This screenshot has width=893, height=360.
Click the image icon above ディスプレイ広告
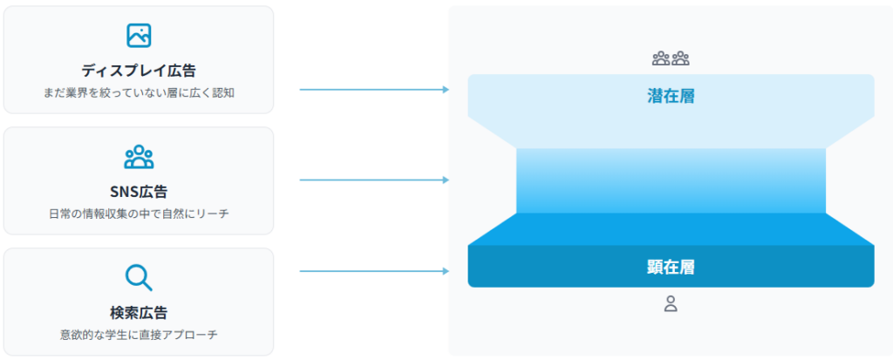[x=139, y=35]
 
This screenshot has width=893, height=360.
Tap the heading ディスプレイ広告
[x=139, y=70]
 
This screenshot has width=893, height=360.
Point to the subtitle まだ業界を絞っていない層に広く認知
[x=139, y=92]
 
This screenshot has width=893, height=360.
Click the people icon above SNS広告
[x=139, y=157]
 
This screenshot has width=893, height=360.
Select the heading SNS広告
[x=139, y=192]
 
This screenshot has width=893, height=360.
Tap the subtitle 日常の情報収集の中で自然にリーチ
[x=139, y=214]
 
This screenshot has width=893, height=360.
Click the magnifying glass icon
[x=139, y=277]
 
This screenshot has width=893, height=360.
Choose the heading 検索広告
[x=139, y=312]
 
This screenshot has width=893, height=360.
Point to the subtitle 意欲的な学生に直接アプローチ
[x=139, y=334]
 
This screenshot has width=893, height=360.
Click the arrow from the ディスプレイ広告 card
[x=373, y=90]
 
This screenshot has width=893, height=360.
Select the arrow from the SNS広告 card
[x=373, y=180]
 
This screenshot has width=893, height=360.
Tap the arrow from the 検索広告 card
[x=373, y=271]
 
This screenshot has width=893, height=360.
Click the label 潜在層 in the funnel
[x=671, y=96]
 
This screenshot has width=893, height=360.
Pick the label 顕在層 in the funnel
[x=671, y=267]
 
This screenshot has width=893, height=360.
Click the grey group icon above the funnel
[x=671, y=59]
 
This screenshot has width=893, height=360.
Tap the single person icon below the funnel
[x=671, y=303]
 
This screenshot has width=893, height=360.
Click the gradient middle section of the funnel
[x=671, y=180]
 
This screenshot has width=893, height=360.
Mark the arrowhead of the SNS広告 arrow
[x=446, y=180]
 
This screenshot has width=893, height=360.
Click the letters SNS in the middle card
[x=125, y=192]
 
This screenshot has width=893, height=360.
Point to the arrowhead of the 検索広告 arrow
[x=446, y=271]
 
